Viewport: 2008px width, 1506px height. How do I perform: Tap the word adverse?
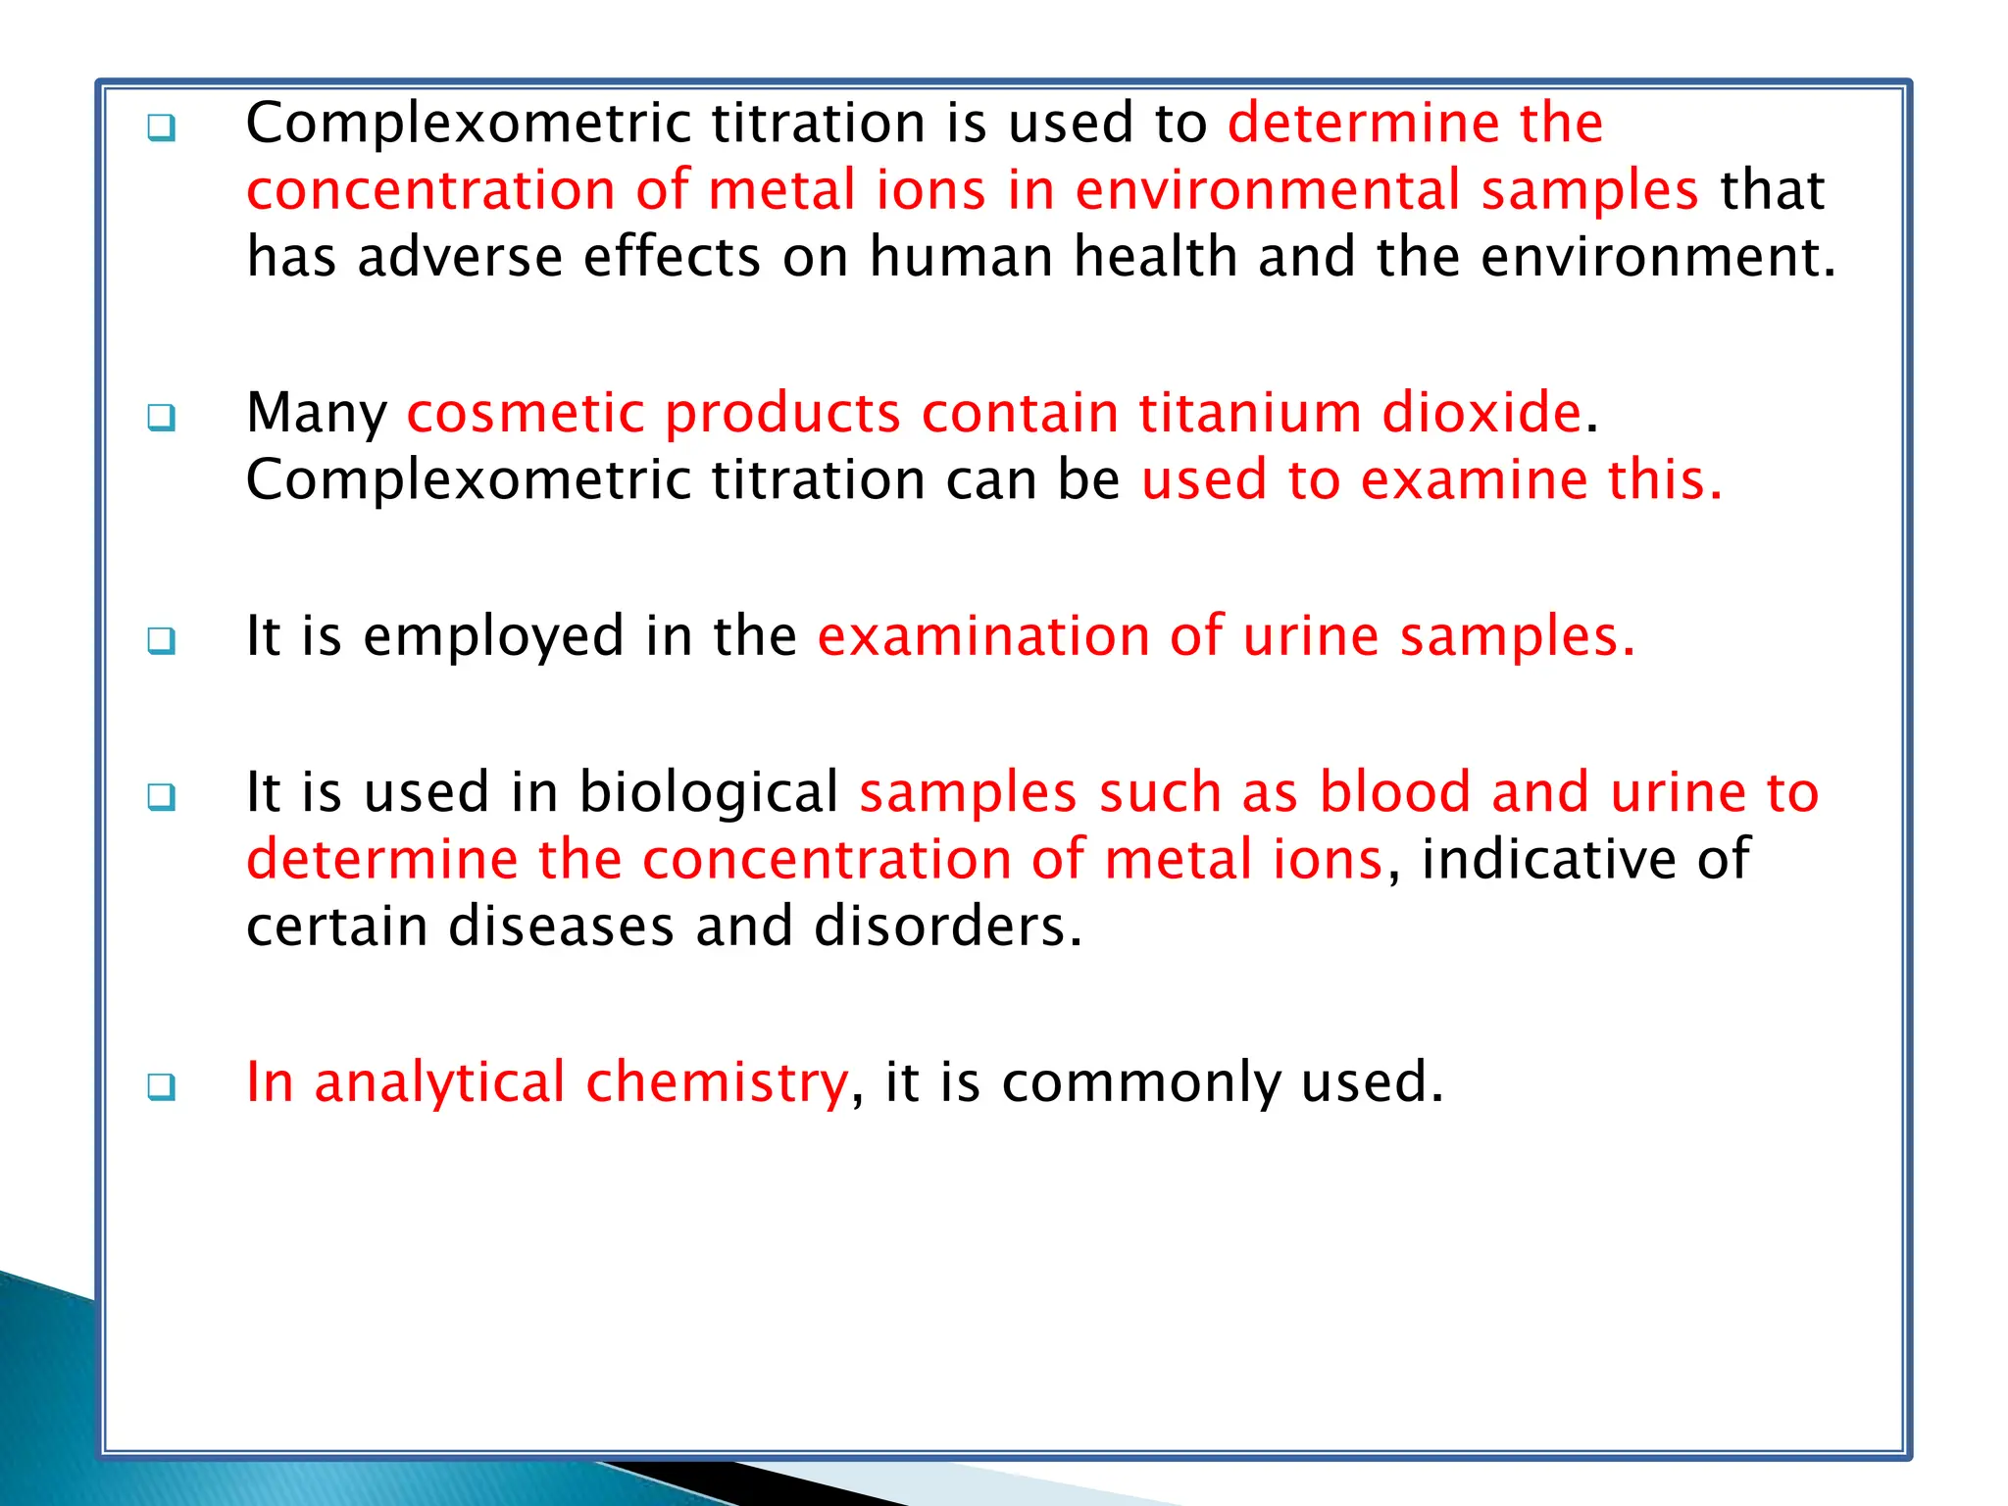coord(460,257)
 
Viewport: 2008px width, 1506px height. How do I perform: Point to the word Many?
coord(316,414)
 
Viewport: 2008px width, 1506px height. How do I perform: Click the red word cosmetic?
coord(525,413)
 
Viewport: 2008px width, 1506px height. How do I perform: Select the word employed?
coord(493,637)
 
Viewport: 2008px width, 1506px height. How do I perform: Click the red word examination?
coord(982,637)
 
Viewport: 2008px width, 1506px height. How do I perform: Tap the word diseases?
coord(561,927)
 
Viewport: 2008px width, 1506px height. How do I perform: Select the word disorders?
coord(947,927)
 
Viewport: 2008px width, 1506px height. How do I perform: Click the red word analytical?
coord(439,1083)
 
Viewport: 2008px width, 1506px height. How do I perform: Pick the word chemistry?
coord(717,1083)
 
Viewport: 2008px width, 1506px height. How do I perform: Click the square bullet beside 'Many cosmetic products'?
coord(162,418)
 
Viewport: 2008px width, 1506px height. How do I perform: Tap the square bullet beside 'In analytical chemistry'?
coord(162,1087)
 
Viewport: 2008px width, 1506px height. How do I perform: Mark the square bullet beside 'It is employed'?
coord(162,641)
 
